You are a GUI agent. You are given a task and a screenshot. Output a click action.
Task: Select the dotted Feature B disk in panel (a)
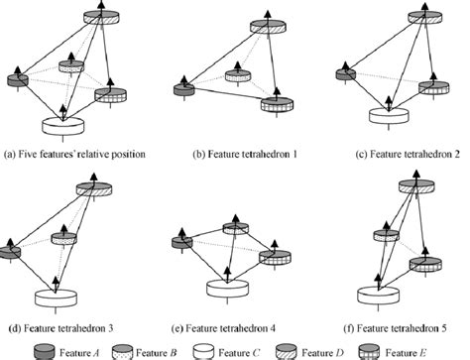coord(71,66)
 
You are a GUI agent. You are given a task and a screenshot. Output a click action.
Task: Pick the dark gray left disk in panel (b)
coord(181,90)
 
